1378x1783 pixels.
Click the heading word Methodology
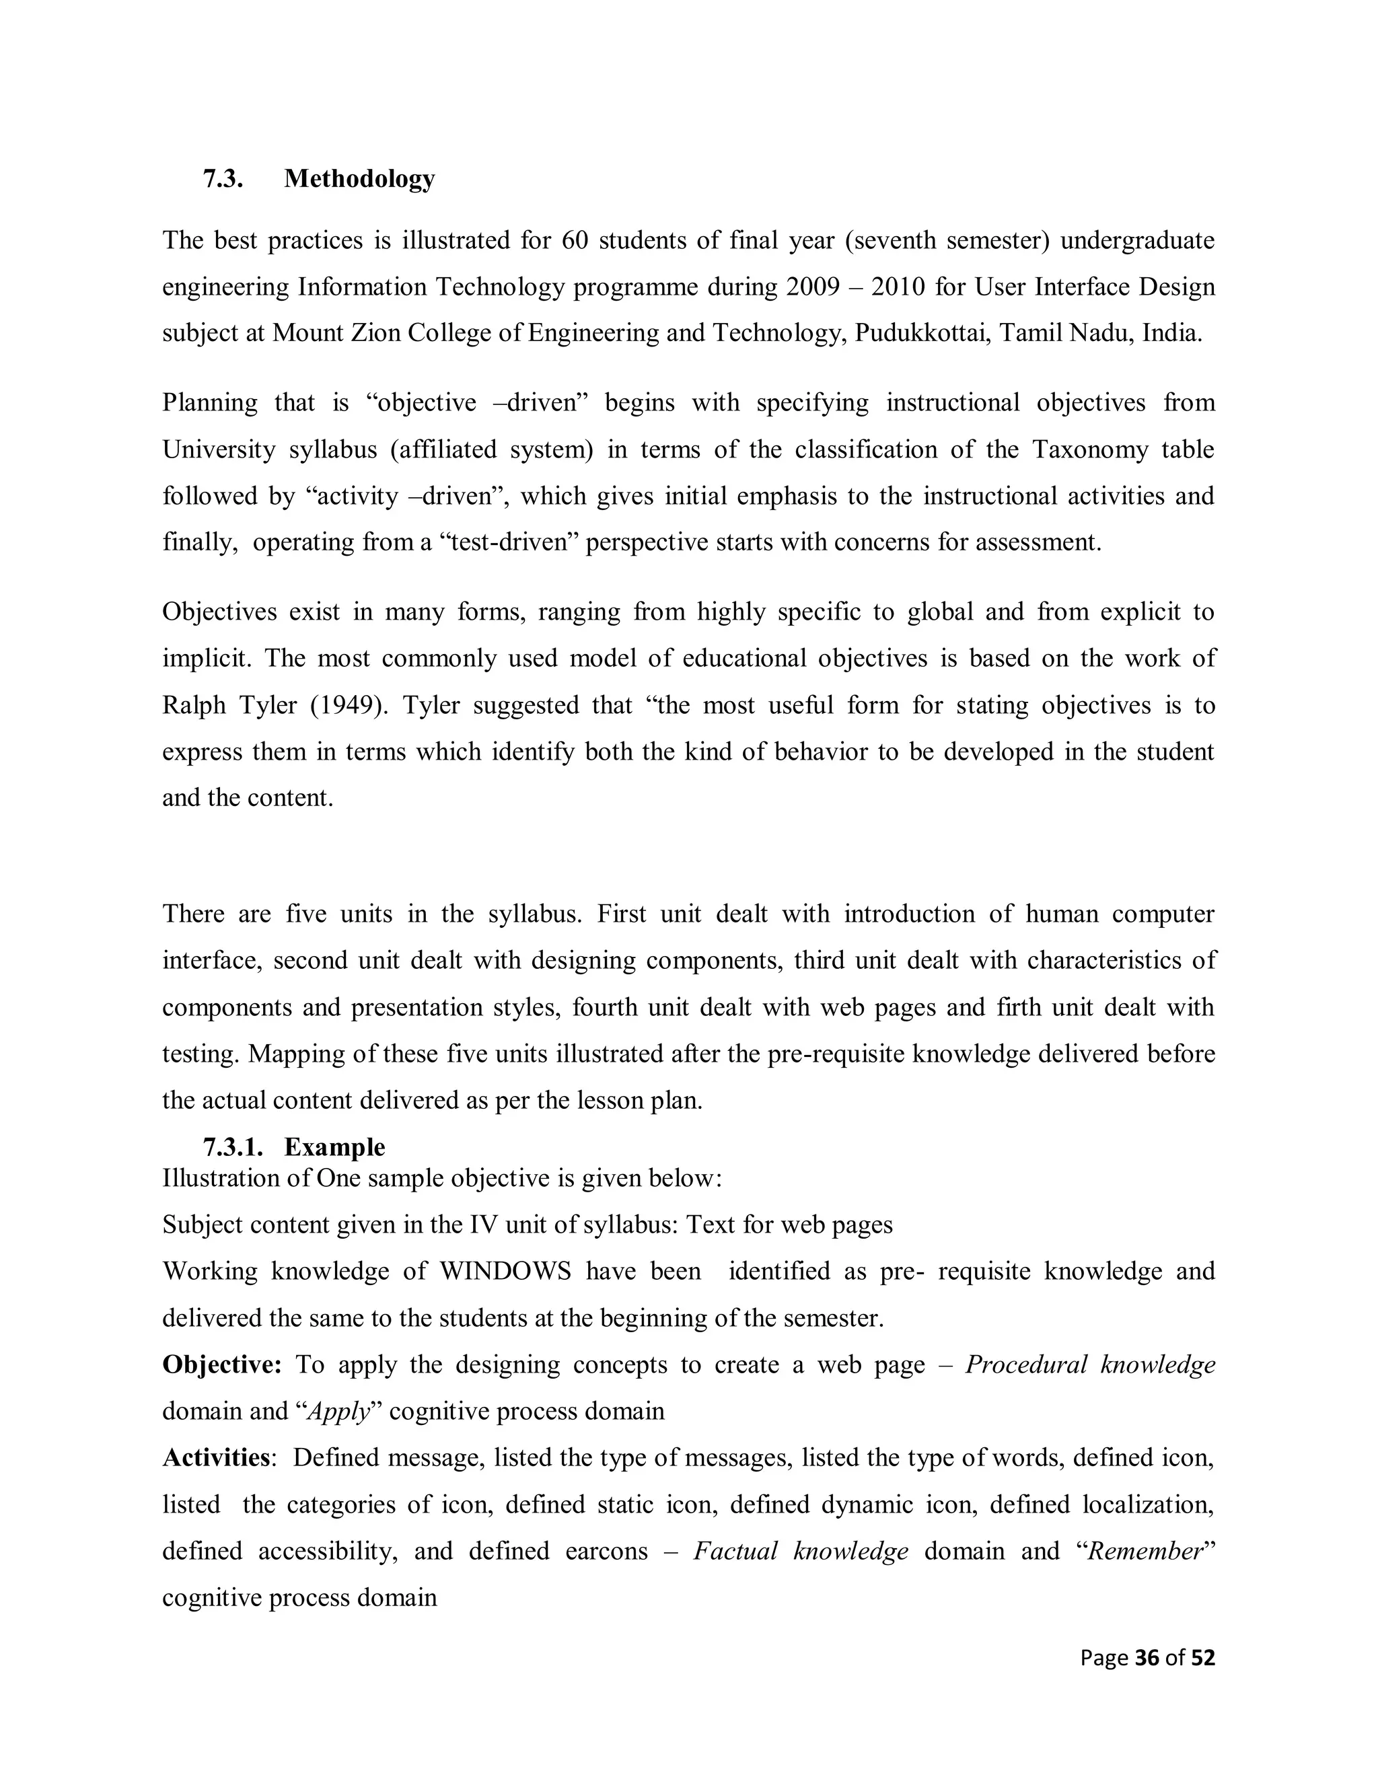[359, 179]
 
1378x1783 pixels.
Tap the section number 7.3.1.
[233, 1147]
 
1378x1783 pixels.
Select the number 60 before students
[575, 241]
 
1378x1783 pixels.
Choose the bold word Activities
[217, 1457]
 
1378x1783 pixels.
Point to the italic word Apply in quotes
[338, 1412]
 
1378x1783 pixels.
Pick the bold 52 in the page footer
[1202, 1658]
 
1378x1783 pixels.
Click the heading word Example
[334, 1147]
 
